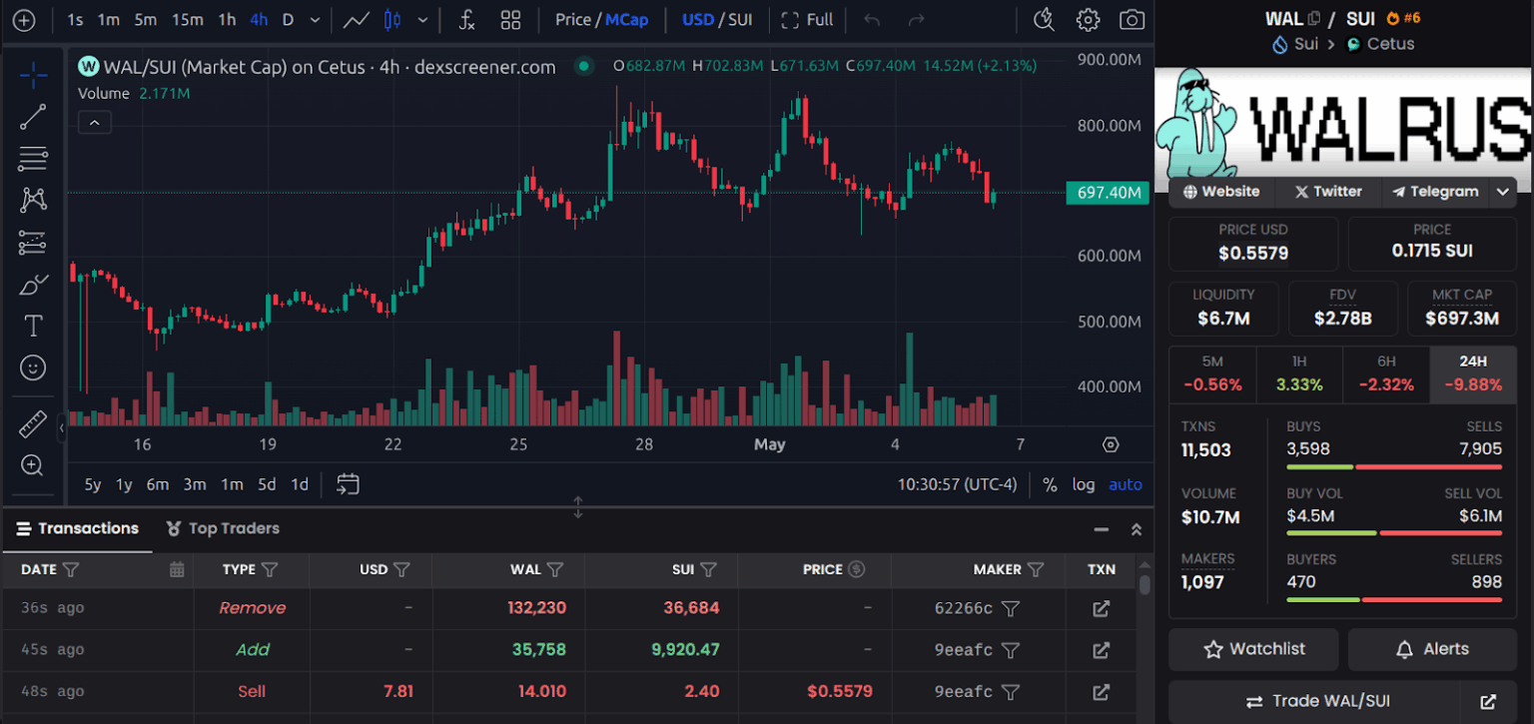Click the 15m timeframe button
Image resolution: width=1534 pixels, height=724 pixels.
point(187,20)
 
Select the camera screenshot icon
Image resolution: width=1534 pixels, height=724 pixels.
point(1132,20)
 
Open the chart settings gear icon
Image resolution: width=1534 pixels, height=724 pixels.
point(1088,20)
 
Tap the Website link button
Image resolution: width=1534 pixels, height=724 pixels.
point(1220,192)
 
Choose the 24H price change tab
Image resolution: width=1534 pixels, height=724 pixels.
point(1473,373)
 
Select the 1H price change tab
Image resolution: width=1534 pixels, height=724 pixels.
point(1299,373)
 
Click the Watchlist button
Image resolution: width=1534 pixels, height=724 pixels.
point(1254,649)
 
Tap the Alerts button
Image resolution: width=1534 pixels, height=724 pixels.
point(1432,649)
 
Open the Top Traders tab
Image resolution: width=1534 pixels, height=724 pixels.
point(223,528)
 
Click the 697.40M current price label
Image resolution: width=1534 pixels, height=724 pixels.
point(1109,193)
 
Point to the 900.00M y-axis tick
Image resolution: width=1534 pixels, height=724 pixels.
point(1109,60)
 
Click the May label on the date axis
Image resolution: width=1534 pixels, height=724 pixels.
point(769,444)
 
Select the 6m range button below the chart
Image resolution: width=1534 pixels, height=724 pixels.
point(158,484)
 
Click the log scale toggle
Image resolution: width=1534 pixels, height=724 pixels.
point(1084,484)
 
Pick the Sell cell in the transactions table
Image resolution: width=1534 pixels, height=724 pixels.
point(252,691)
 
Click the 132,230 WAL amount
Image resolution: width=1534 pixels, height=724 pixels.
point(536,608)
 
